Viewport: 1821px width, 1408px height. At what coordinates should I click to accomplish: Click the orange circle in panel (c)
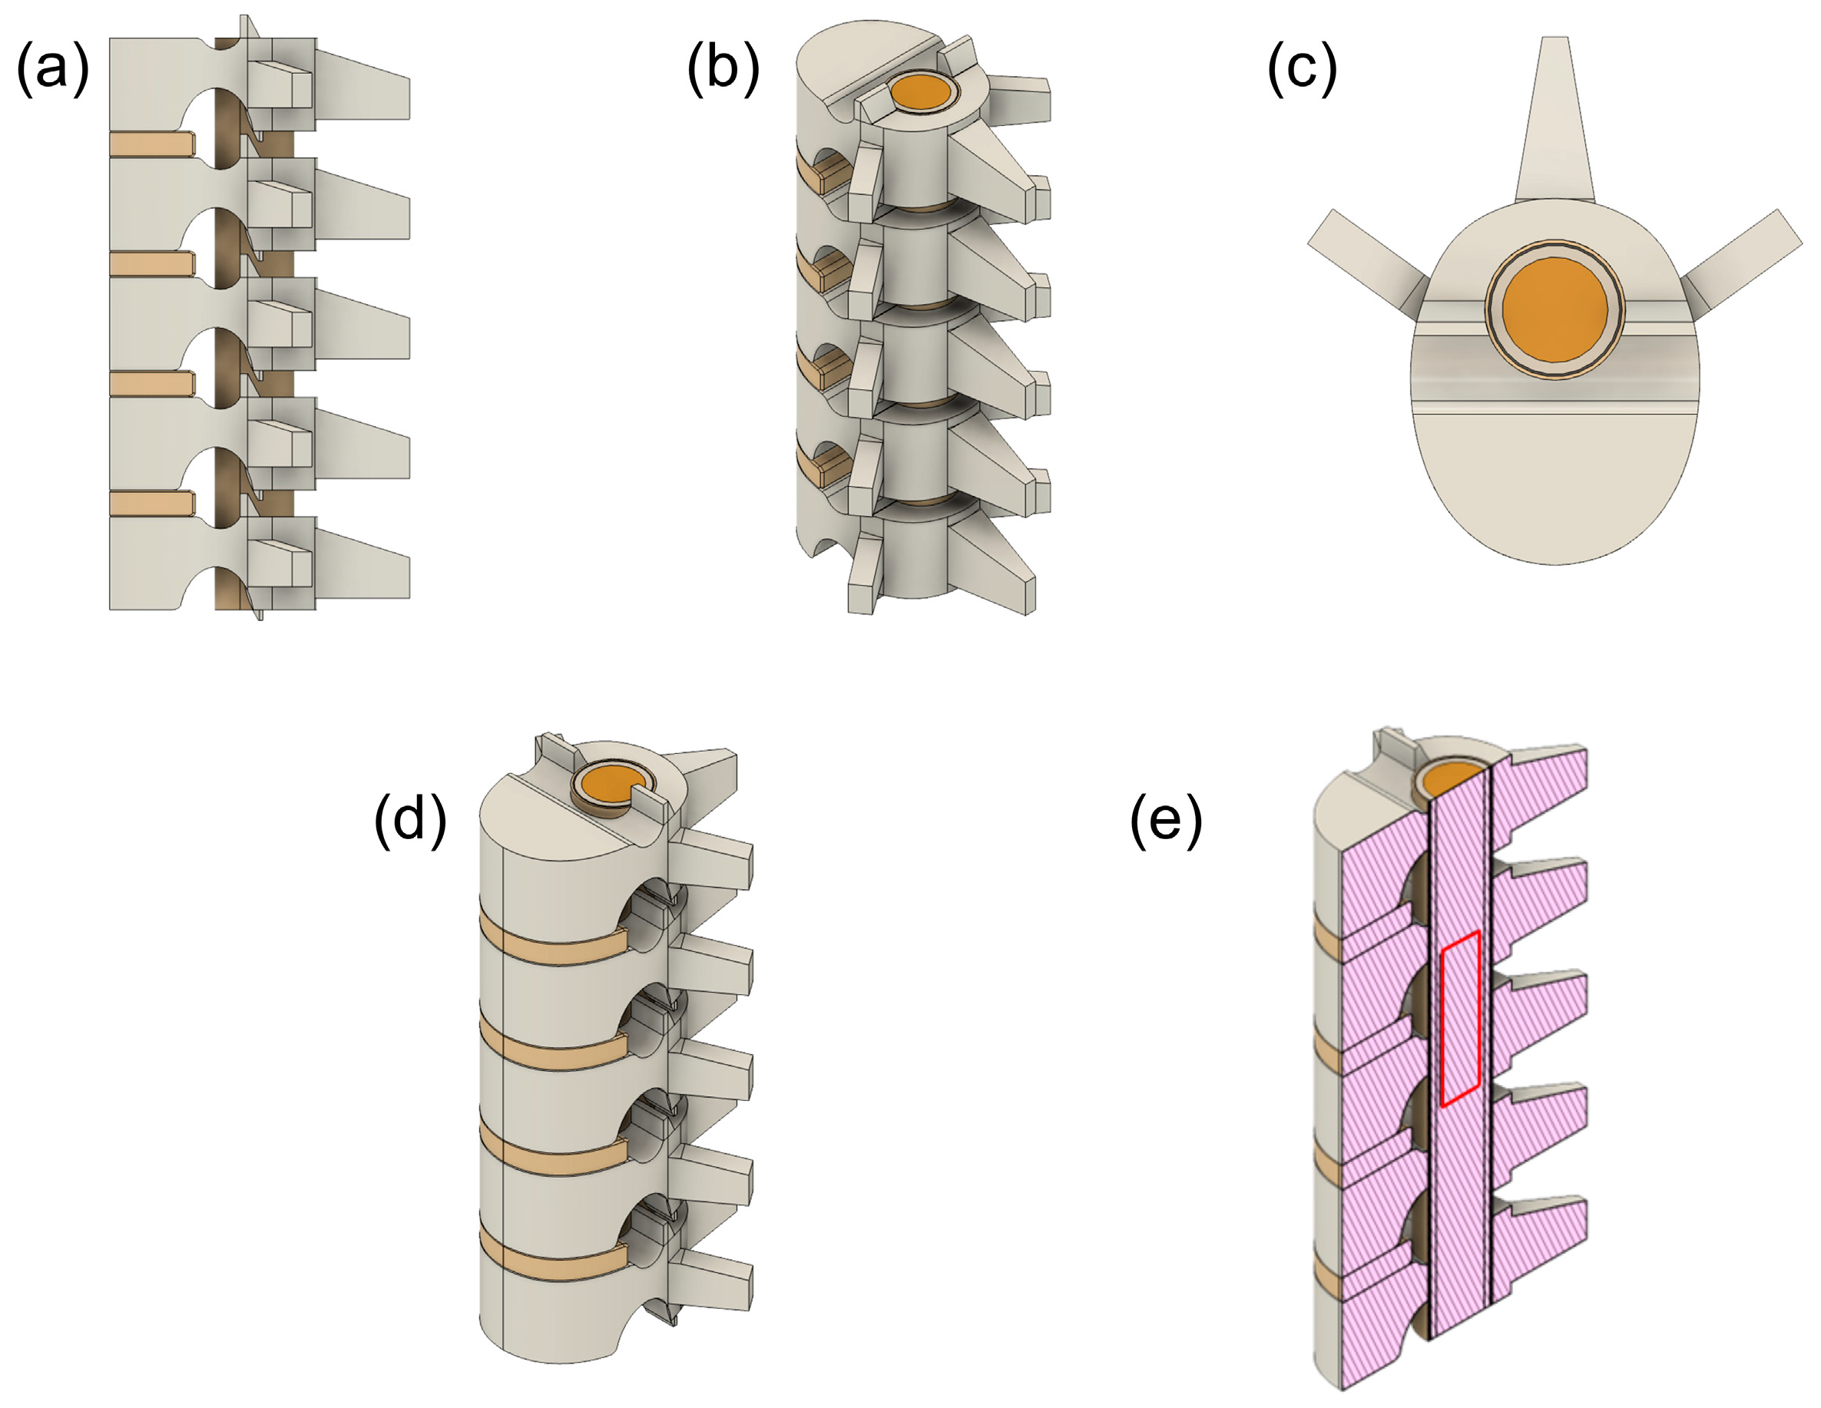[1555, 309]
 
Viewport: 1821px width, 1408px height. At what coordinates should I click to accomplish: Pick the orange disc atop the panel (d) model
[613, 784]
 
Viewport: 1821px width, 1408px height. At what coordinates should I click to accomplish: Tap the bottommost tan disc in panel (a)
[150, 503]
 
